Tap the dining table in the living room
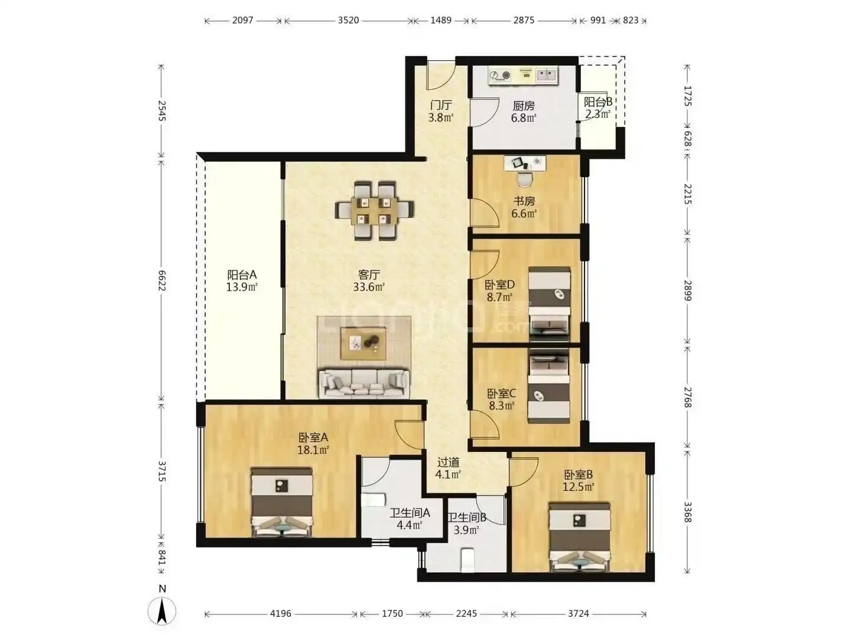373,211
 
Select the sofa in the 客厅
363,384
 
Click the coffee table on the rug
363,343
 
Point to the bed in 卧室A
282,502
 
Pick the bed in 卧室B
580,537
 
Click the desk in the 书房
525,163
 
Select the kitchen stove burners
500,75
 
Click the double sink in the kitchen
547,75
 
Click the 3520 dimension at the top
348,20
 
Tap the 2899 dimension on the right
687,291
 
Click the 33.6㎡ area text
368,288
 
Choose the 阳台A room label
242,275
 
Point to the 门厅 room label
441,105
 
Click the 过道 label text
448,462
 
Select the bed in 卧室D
550,304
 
